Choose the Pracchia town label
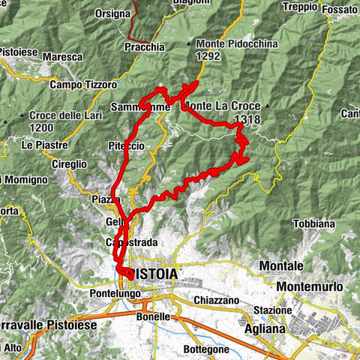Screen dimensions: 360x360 (145, 46)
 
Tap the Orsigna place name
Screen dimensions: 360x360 (113, 14)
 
